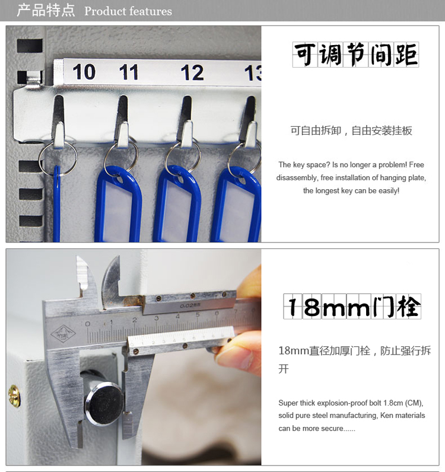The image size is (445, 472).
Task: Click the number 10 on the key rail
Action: pyautogui.click(x=84, y=72)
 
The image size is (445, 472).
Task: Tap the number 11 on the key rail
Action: pyautogui.click(x=129, y=72)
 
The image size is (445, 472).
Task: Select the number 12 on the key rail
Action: pyautogui.click(x=192, y=72)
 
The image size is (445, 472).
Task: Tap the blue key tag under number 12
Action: pyautogui.click(x=177, y=205)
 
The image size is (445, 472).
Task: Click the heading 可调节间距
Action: pyautogui.click(x=355, y=55)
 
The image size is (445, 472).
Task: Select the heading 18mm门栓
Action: pyautogui.click(x=352, y=307)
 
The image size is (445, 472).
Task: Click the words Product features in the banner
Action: pyautogui.click(x=128, y=11)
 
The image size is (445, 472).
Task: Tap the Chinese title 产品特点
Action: pyautogui.click(x=46, y=10)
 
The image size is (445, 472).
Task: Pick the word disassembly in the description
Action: pyautogui.click(x=297, y=178)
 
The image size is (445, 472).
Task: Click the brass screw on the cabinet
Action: pyautogui.click(x=14, y=396)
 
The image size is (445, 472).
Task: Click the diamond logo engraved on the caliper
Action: pyautogui.click(x=63, y=333)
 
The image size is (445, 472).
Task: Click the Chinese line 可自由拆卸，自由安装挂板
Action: pyautogui.click(x=351, y=130)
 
